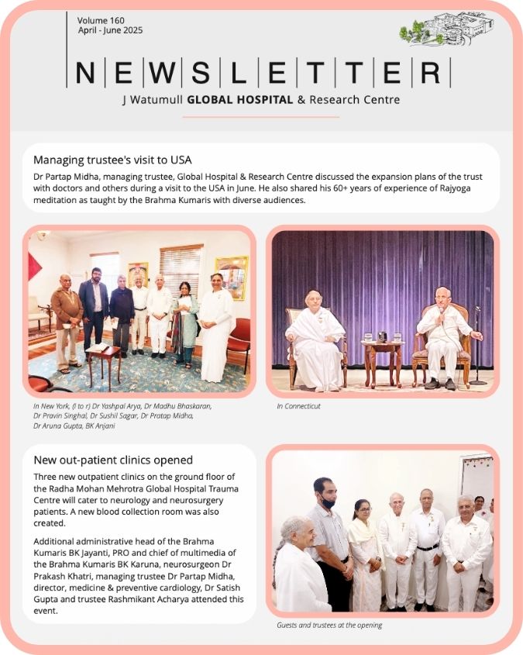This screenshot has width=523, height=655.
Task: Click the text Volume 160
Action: pyautogui.click(x=101, y=19)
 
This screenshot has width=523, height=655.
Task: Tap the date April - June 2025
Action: pyautogui.click(x=110, y=30)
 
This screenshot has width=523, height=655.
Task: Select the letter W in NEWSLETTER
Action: pyautogui.click(x=159, y=74)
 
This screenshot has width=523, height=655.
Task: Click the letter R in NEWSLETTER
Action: pyautogui.click(x=430, y=74)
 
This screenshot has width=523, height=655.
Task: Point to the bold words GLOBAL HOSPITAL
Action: pyautogui.click(x=240, y=100)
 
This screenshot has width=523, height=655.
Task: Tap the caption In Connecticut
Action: pyautogui.click(x=298, y=406)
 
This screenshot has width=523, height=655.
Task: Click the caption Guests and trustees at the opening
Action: pyautogui.click(x=329, y=626)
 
